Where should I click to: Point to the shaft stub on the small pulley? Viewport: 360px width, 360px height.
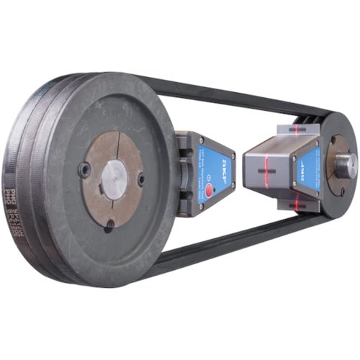pos(346,164)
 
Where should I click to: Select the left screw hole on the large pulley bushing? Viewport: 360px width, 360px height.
pos(85,171)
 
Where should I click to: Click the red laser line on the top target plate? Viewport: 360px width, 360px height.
pos(295,130)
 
